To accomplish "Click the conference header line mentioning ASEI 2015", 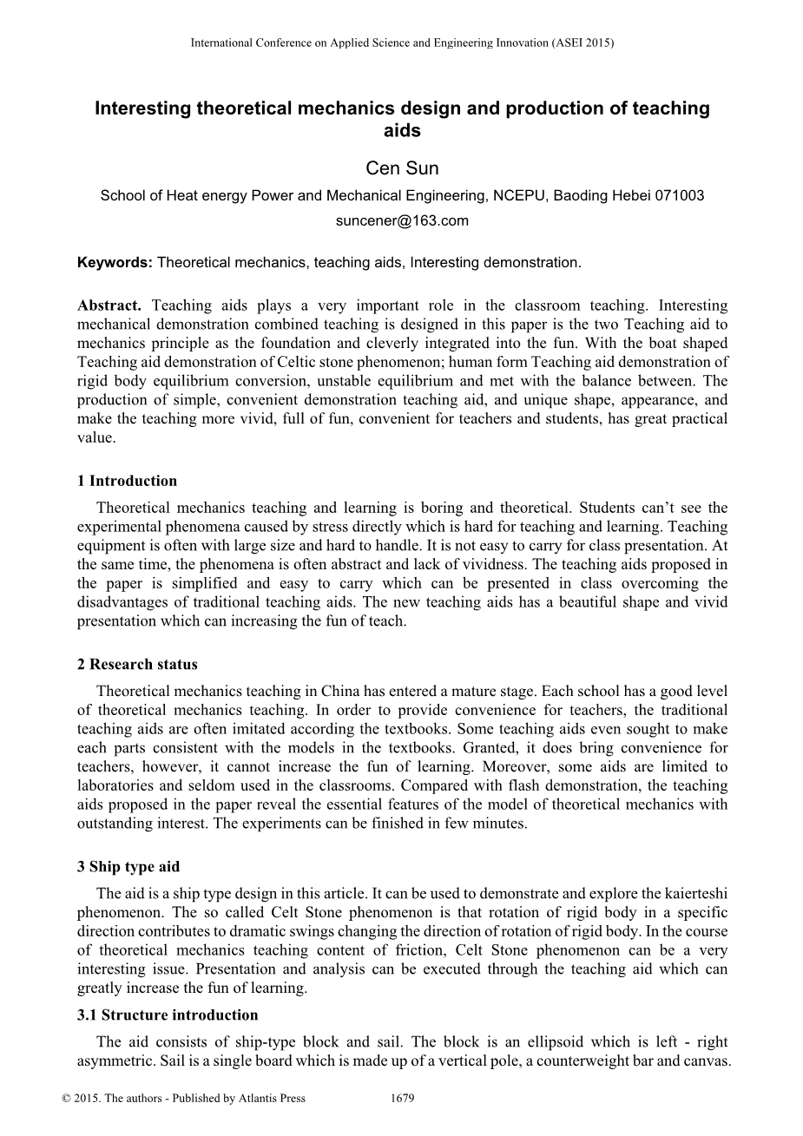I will [402, 42].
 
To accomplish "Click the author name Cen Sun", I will [402, 168].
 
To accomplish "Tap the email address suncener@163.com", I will [402, 220].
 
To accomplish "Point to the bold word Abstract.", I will [109, 305].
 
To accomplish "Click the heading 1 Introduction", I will [127, 481].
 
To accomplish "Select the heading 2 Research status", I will [137, 665].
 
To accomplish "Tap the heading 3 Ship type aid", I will [128, 867].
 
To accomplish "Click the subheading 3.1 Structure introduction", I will [168, 1015].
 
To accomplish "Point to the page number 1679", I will [403, 1099].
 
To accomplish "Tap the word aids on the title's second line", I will [402, 132].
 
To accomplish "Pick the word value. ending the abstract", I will [95, 437].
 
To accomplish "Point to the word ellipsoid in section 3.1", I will [524, 1041].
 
